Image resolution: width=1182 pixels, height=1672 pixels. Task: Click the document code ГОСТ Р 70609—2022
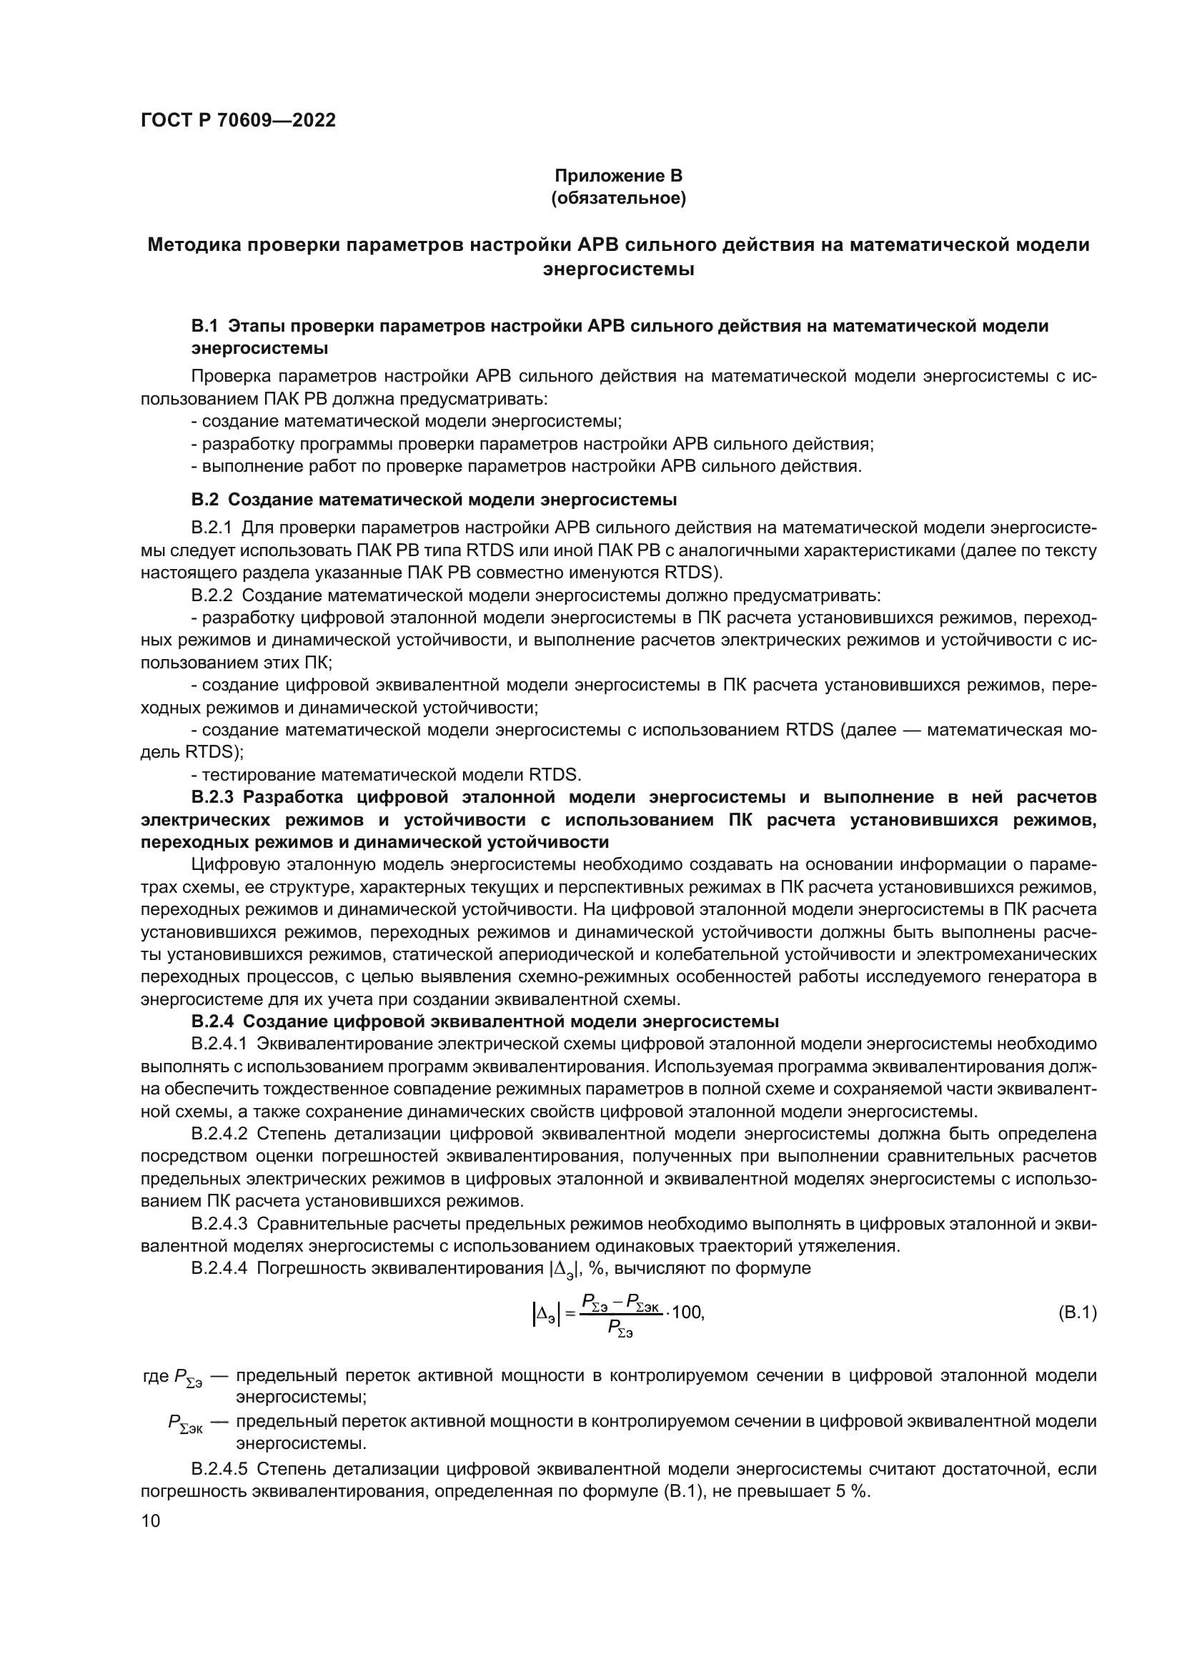pos(238,121)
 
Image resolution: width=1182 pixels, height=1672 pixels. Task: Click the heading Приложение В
pos(619,176)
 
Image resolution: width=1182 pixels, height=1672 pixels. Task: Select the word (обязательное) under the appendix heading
pos(619,198)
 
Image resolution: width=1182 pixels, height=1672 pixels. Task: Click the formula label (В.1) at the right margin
pos(1076,1313)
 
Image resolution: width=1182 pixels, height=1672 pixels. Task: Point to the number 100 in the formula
pos(687,1312)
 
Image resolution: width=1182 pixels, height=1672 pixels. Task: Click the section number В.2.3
pos(215,798)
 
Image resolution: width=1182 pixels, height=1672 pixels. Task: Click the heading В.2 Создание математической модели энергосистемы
pos(434,500)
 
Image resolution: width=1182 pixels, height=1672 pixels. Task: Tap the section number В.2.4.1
pos(219,1044)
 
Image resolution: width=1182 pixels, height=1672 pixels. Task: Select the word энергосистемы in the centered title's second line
pos(619,269)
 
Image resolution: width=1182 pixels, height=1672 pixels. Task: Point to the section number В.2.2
pos(212,595)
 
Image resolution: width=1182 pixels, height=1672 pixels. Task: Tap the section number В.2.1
pos(211,528)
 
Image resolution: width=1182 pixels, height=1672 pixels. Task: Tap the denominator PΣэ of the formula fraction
pos(620,1328)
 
